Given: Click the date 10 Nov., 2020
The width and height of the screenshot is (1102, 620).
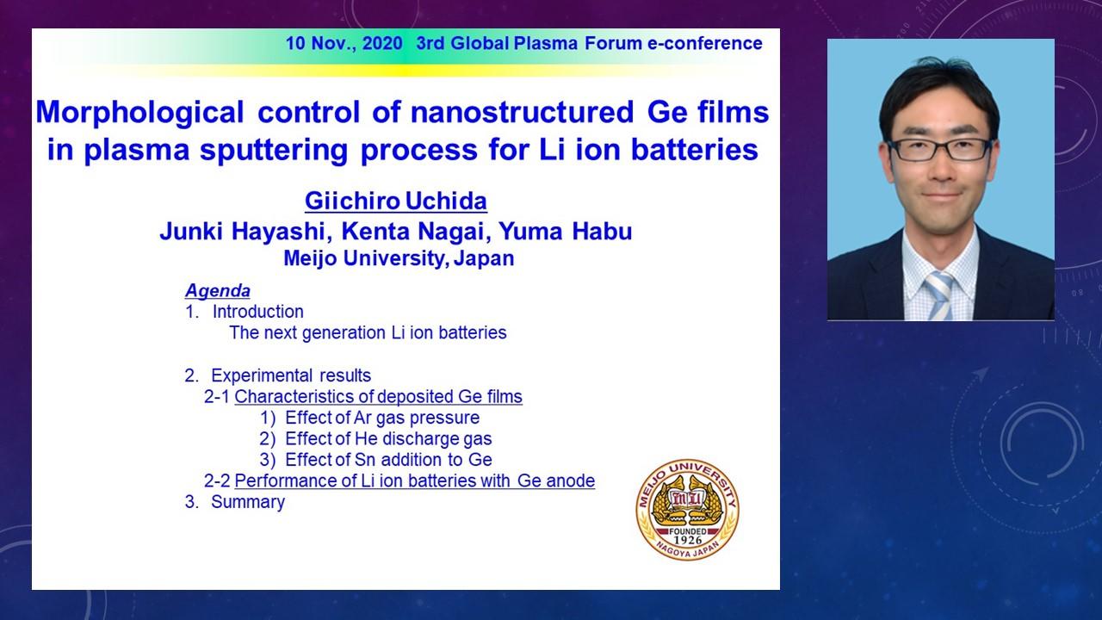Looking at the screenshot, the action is (x=344, y=43).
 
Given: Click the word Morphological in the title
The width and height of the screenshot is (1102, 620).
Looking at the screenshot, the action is (x=139, y=113).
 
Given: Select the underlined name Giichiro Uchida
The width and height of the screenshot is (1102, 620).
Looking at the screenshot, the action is (x=396, y=201).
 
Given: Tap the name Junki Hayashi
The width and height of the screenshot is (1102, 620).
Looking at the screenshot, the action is (x=244, y=232).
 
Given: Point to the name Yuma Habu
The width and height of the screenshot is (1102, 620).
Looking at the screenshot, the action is (x=566, y=232).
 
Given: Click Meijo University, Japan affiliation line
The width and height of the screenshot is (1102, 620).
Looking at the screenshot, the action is (x=399, y=258).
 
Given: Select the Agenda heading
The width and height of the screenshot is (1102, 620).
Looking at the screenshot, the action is (x=218, y=291).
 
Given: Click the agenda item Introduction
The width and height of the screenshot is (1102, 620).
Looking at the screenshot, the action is (x=257, y=312).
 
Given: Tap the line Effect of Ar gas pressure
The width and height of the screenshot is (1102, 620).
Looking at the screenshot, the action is (x=382, y=418).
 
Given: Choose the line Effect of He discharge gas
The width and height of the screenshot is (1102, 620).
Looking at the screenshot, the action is (x=388, y=438).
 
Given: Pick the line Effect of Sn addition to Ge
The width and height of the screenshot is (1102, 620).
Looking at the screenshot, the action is (x=388, y=460).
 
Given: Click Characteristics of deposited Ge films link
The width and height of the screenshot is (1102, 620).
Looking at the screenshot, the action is (x=378, y=397).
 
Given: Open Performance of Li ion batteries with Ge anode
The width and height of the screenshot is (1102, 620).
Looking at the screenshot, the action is (x=415, y=480).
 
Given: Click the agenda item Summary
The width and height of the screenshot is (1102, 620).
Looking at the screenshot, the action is (x=248, y=502).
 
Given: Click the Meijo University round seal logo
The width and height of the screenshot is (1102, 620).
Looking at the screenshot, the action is (x=687, y=509).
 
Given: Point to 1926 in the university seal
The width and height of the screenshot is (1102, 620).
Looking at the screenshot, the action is (x=688, y=540).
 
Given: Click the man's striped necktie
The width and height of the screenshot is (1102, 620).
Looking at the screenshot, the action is (x=938, y=295).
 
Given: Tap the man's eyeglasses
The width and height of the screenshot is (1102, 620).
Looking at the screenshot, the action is (x=940, y=150).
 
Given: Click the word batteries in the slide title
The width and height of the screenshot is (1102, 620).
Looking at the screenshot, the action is (x=695, y=150).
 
